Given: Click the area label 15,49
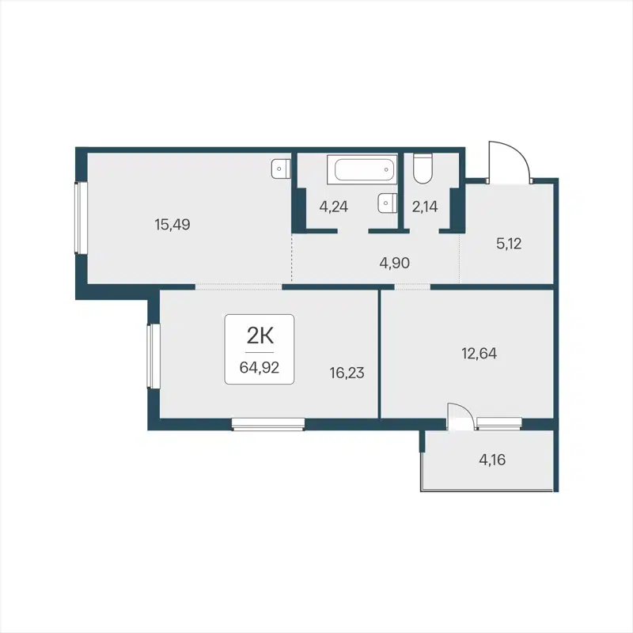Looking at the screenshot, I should [x=172, y=225].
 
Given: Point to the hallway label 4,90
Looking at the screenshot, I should [x=394, y=263].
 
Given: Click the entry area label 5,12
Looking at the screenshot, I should [x=510, y=244].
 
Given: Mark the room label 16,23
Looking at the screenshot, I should [x=347, y=372].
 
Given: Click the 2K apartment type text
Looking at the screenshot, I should [x=260, y=335].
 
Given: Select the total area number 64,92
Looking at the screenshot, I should [x=260, y=366].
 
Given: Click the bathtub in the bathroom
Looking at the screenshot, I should [x=362, y=169].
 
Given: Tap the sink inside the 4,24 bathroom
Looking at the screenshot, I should [x=385, y=203].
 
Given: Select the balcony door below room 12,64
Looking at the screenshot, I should [x=461, y=418].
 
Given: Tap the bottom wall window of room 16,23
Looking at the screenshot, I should [x=268, y=425].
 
